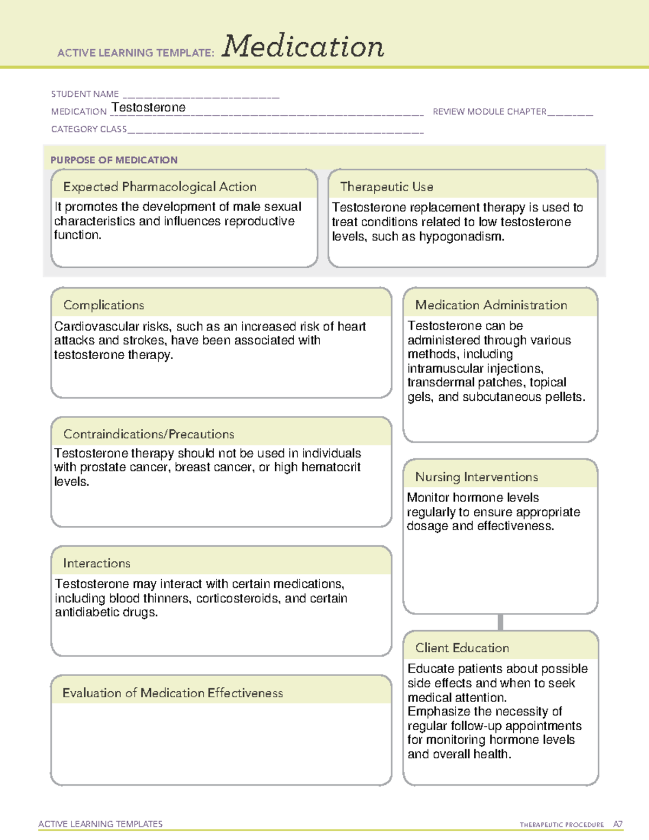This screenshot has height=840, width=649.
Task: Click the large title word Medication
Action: (x=303, y=47)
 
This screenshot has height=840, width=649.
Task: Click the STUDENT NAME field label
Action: (x=85, y=94)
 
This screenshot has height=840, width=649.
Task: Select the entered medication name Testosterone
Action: (x=149, y=108)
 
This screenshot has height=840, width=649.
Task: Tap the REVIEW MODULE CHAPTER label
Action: (x=489, y=111)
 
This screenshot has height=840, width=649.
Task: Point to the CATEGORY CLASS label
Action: (x=89, y=129)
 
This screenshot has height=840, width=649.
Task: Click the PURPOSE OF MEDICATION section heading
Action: (x=114, y=160)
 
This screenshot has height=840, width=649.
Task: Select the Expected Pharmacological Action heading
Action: (x=160, y=187)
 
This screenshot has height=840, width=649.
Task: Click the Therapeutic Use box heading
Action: (x=386, y=187)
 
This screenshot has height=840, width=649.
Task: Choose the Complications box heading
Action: (x=104, y=305)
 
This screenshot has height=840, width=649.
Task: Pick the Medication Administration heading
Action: (x=491, y=305)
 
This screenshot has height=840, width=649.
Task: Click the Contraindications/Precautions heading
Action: (x=149, y=434)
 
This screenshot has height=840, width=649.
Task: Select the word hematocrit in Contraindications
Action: (x=332, y=467)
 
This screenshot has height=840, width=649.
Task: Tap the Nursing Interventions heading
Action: (x=476, y=477)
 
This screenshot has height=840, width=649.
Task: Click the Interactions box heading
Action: (x=97, y=563)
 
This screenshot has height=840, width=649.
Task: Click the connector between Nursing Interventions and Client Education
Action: (x=500, y=622)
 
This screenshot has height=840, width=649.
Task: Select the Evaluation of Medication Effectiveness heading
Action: (x=173, y=693)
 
